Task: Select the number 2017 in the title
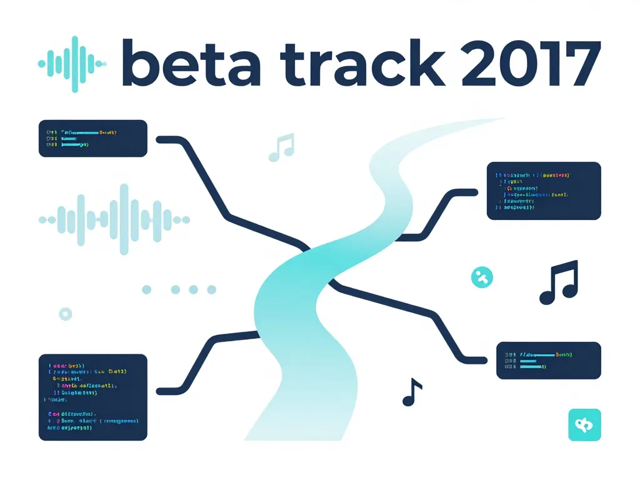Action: [531, 63]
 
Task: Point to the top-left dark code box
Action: [92, 138]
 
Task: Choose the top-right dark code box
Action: [543, 191]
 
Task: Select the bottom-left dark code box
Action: [92, 397]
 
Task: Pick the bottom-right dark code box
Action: [548, 360]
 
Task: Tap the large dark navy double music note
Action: [558, 282]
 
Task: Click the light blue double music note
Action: [281, 147]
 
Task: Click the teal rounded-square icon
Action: [584, 425]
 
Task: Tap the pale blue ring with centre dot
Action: [65, 314]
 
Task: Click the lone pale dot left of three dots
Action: [147, 289]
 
